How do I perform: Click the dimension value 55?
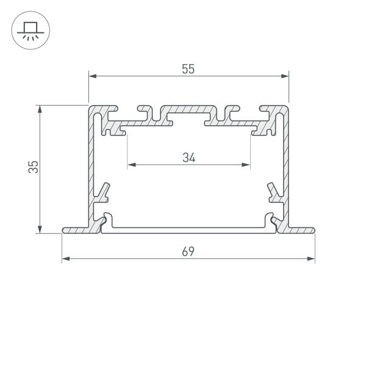pyautogui.click(x=188, y=69)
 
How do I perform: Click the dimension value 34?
pyautogui.click(x=189, y=157)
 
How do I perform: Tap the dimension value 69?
pyautogui.click(x=188, y=252)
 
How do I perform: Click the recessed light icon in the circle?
pyautogui.click(x=29, y=29)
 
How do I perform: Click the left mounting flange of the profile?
pyautogui.click(x=76, y=230)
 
